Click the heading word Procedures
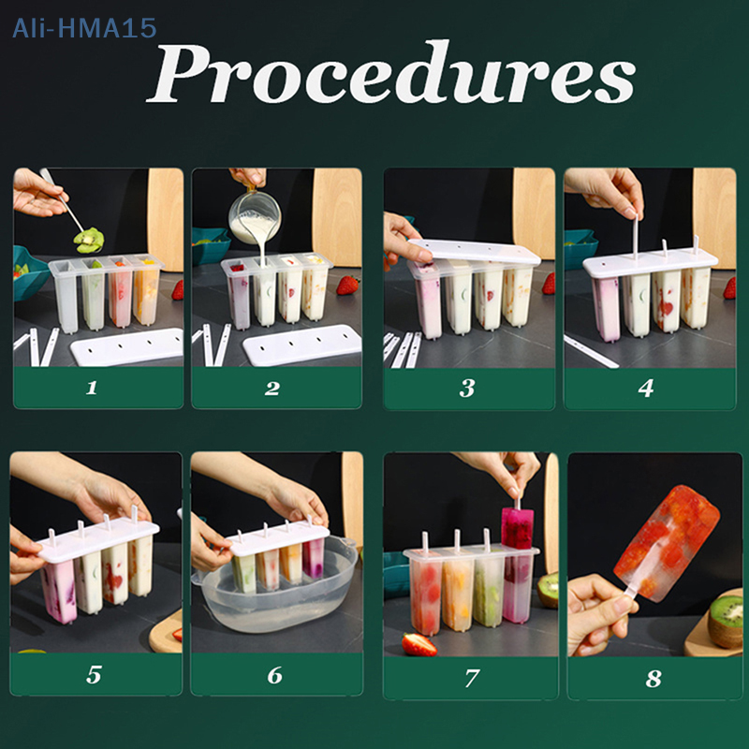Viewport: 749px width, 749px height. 390,72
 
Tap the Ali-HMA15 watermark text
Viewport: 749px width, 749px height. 84,28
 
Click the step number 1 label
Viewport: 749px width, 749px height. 92,388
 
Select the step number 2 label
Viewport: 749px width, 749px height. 272,388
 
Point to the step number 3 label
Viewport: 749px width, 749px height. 467,388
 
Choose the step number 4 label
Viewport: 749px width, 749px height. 646,388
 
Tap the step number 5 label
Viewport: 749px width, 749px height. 94,674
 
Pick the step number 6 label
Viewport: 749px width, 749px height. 274,675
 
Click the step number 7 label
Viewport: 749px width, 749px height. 472,678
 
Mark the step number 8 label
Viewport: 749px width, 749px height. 654,678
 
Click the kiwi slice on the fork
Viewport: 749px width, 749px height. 89,240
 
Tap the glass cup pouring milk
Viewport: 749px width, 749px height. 254,215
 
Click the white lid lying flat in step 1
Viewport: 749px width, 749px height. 127,346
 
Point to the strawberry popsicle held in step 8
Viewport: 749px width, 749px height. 667,542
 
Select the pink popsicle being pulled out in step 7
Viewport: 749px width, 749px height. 517,528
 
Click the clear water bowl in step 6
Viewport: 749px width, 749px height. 275,590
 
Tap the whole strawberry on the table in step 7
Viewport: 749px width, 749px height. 419,644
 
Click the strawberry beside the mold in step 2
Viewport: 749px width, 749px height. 347,286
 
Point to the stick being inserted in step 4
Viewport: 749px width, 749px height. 636,237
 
